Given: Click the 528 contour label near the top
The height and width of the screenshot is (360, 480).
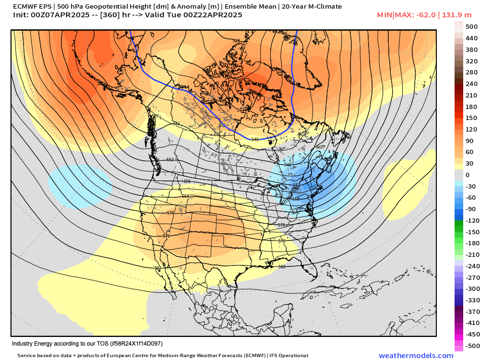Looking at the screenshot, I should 236,41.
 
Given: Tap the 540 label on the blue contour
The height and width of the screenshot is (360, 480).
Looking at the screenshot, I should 255,139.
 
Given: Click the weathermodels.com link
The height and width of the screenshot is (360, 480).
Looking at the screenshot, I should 416,355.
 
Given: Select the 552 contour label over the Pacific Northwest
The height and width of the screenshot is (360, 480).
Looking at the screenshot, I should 170,159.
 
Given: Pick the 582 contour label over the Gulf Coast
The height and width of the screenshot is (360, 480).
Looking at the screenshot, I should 282,266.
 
